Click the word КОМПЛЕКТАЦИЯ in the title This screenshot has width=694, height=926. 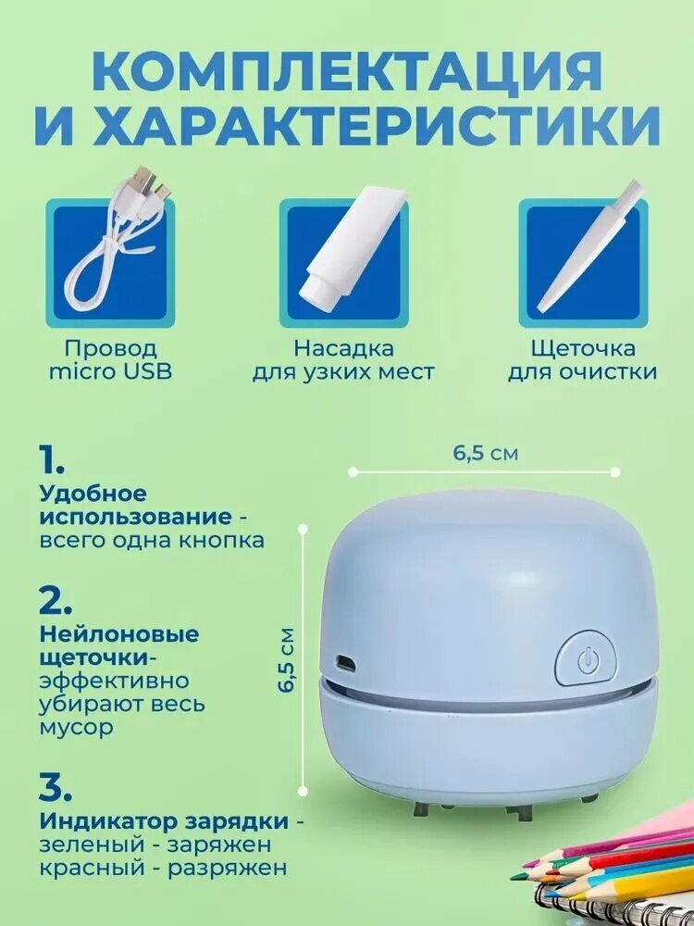347,71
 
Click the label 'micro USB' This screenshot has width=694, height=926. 110,372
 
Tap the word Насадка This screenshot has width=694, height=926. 344,348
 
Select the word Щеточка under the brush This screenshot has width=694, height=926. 583,348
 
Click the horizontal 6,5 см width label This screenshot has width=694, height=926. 485,453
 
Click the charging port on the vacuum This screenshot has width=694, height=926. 345,662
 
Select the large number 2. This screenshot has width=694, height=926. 56,600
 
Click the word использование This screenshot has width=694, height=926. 136,517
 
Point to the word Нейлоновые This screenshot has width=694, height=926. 119,634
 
